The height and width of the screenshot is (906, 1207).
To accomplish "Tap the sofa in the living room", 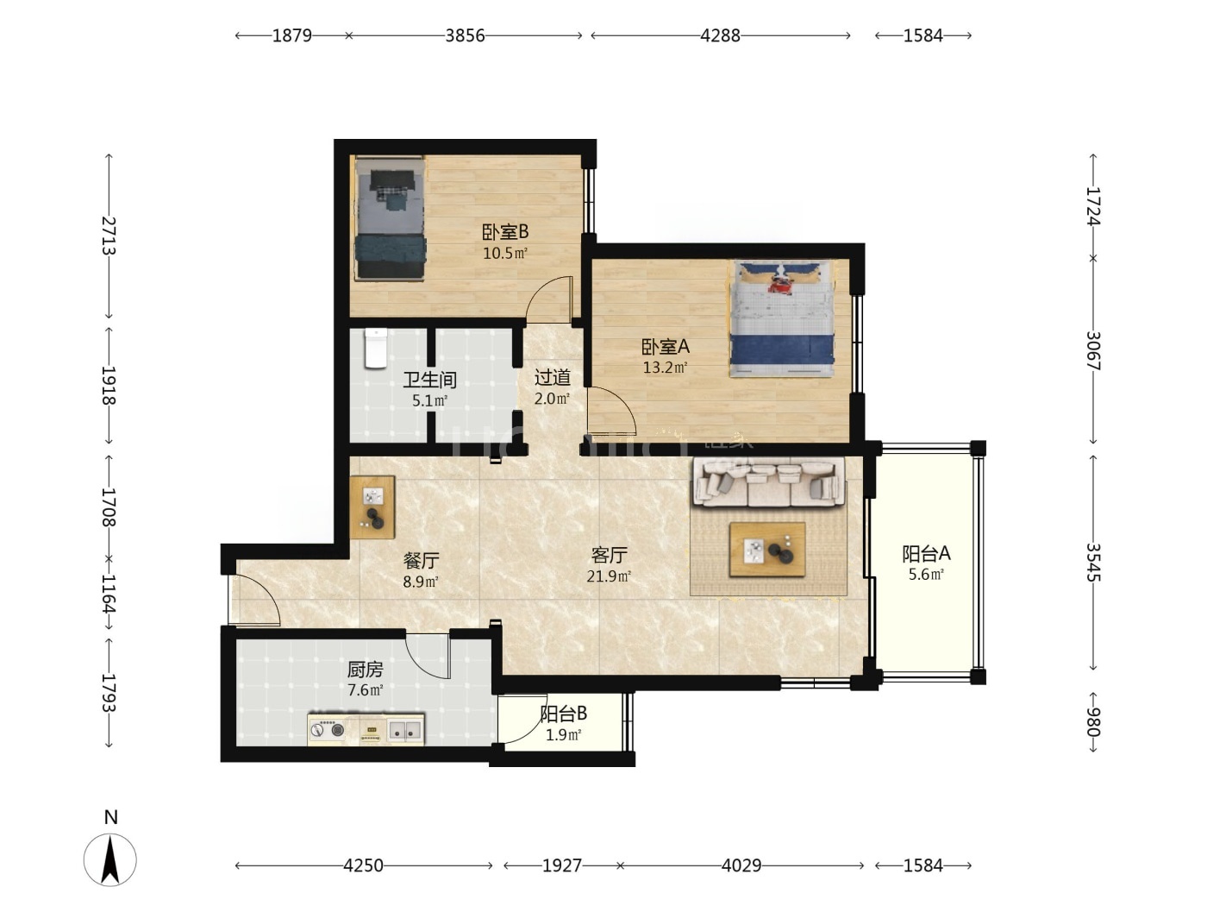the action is click(768, 482).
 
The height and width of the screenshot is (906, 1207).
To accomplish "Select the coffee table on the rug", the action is click(767, 550).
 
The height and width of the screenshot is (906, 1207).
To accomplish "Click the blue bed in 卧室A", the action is click(782, 318).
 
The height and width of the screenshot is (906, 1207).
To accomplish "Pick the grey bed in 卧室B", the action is click(390, 217).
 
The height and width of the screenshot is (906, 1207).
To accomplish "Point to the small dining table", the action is click(372, 507).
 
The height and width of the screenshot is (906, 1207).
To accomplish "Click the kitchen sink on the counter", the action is click(405, 731).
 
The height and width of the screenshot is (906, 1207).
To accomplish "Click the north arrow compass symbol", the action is click(110, 859).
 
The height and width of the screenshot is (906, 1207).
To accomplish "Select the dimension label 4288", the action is click(720, 35).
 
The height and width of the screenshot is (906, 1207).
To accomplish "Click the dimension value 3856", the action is click(465, 35).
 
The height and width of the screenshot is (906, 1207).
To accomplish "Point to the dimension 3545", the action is click(1092, 562).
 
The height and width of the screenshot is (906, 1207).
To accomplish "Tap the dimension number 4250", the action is click(363, 865).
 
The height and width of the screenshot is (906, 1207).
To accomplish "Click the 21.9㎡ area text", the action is click(609, 576).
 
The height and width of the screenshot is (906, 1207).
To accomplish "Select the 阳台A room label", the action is click(926, 553).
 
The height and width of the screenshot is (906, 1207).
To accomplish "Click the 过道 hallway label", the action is click(553, 377).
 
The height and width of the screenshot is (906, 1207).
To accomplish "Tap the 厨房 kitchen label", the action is click(366, 670).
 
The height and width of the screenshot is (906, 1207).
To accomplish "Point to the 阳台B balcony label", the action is click(564, 714).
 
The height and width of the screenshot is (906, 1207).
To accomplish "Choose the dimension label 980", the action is click(1092, 721).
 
